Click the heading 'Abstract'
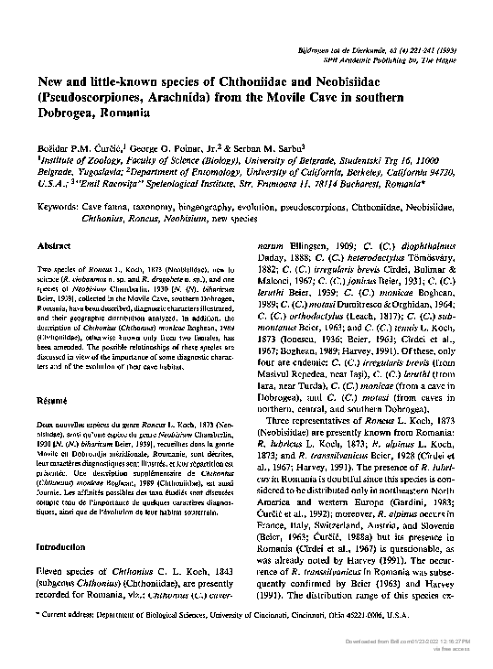click(x=54, y=247)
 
